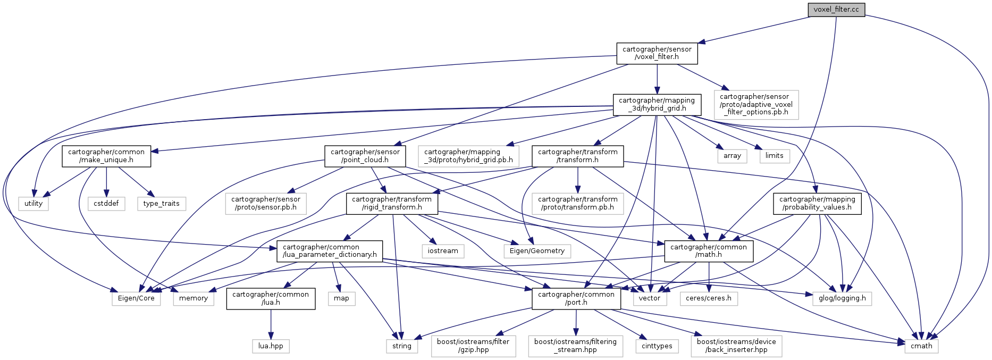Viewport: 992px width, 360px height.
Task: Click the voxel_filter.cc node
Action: point(836,10)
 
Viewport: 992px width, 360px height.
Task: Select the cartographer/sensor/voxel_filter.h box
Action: point(657,53)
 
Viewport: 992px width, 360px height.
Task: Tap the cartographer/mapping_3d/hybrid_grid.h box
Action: point(657,104)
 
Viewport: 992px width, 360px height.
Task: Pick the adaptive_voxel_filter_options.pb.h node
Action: point(755,104)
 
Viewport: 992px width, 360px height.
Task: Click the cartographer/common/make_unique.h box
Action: point(106,156)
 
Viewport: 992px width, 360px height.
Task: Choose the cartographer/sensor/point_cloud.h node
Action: point(365,156)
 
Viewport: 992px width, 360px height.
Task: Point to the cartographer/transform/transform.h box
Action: point(577,156)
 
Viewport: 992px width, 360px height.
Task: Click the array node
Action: point(732,156)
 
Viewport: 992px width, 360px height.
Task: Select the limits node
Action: point(774,156)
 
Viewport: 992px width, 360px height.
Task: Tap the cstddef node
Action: point(106,203)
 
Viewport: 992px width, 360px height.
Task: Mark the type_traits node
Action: point(161,203)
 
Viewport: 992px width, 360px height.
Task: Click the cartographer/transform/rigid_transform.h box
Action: point(392,203)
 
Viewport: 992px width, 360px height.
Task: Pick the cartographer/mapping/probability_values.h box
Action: point(817,203)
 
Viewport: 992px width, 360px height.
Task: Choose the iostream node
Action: point(443,250)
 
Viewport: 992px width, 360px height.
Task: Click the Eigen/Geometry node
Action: point(537,250)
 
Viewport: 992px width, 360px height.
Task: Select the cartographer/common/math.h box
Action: point(708,250)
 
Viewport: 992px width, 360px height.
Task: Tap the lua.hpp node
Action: point(271,346)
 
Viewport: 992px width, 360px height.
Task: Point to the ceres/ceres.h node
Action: point(708,298)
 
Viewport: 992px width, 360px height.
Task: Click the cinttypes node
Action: point(657,346)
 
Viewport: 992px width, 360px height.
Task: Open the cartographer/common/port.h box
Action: point(576,298)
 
